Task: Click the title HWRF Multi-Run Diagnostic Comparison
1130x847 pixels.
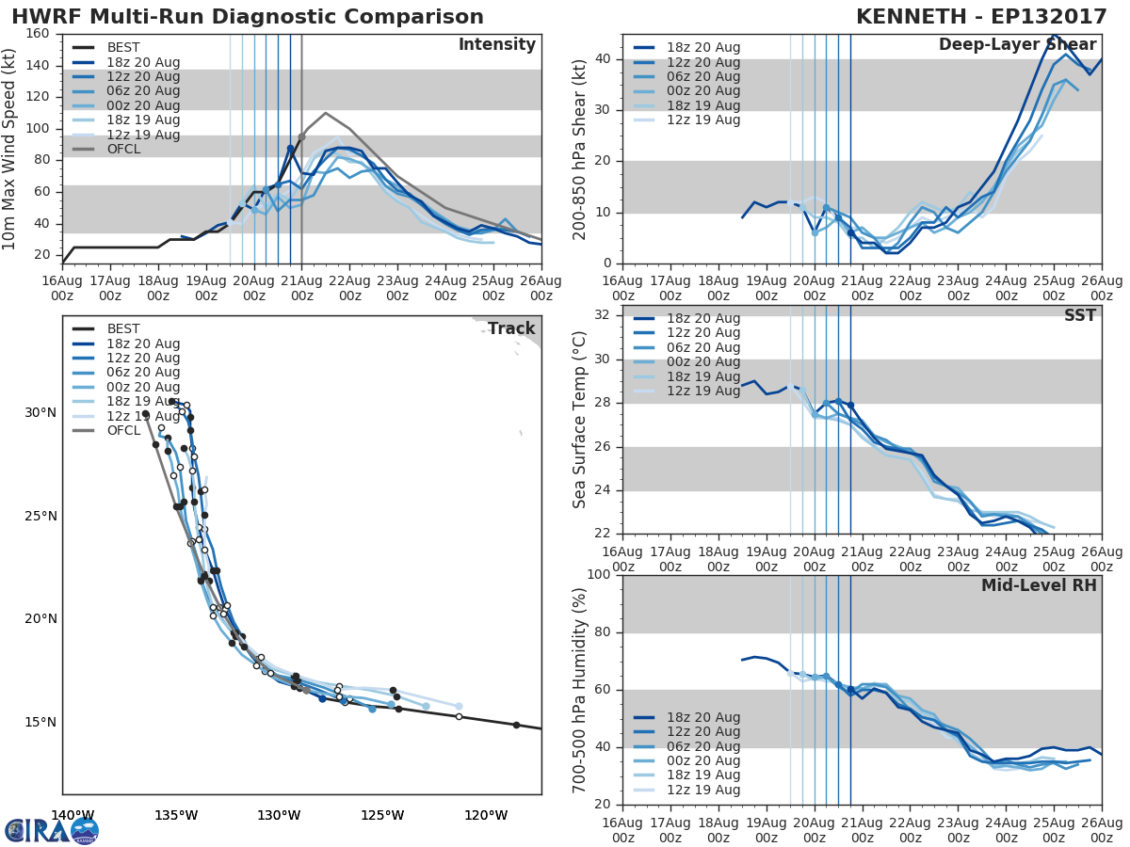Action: tap(248, 17)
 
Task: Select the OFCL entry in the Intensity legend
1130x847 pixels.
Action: tap(122, 150)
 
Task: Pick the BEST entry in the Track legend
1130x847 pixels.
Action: tap(122, 329)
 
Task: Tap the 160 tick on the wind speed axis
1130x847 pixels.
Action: tap(39, 34)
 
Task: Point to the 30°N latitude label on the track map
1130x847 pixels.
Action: tap(40, 412)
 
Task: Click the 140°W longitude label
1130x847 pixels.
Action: tap(73, 816)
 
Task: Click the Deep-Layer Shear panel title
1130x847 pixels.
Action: tap(1017, 45)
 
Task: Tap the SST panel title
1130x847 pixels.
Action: tap(1079, 316)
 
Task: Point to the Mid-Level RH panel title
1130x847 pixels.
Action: tap(1039, 585)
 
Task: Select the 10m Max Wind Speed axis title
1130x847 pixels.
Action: tap(10, 149)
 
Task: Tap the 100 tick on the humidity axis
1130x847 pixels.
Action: tap(598, 575)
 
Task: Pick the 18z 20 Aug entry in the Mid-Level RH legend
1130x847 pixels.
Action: tap(702, 717)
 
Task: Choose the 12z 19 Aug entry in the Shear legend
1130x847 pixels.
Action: tap(702, 120)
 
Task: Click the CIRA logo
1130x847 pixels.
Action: tap(52, 831)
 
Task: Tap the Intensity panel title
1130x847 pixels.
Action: tap(496, 45)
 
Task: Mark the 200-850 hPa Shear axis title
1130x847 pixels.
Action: tap(580, 149)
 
